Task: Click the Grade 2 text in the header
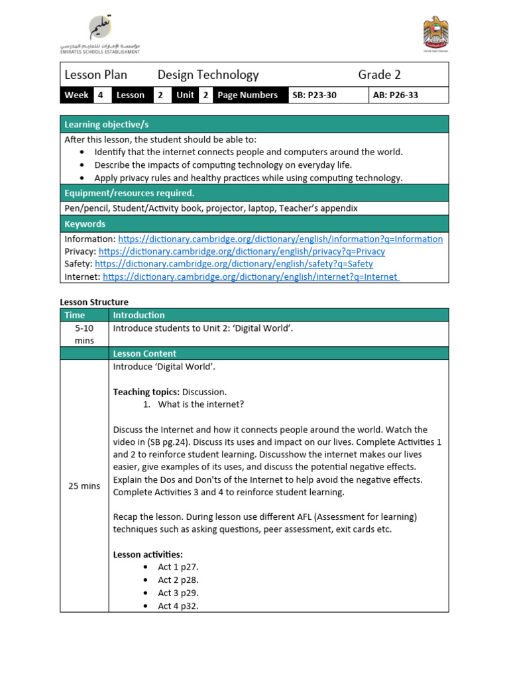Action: click(379, 75)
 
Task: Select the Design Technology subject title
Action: click(208, 75)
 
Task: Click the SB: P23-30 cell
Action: click(314, 95)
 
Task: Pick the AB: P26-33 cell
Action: click(396, 95)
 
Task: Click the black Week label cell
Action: click(76, 95)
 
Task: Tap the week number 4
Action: click(101, 95)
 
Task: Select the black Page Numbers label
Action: click(247, 95)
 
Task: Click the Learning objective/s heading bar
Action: click(254, 125)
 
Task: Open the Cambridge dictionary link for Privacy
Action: click(241, 251)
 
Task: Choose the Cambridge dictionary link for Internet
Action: click(251, 277)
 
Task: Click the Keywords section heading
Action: click(254, 224)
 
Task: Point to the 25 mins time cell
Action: click(85, 486)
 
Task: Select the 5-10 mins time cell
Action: click(85, 334)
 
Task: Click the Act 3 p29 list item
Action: click(178, 593)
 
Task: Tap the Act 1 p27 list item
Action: click(178, 567)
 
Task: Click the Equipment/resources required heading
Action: click(254, 193)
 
